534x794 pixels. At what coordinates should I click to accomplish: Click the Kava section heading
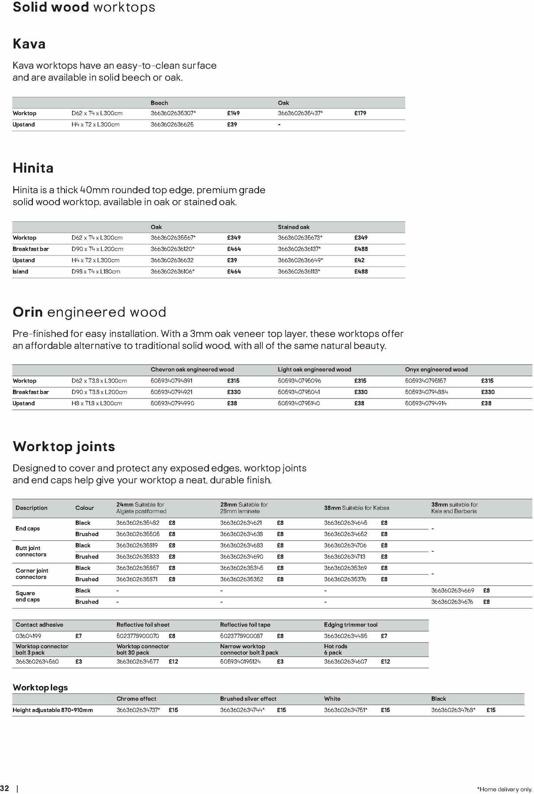point(29,44)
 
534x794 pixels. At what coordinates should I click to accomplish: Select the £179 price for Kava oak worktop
point(360,113)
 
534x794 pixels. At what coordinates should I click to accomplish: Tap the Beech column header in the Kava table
point(159,103)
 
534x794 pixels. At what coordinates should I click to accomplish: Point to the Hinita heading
point(33,168)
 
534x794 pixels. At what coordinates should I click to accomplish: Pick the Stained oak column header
point(294,227)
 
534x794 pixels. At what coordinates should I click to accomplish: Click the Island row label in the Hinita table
point(20,271)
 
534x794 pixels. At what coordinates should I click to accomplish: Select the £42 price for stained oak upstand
point(359,260)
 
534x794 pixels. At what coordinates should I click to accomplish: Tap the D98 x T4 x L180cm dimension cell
point(96,271)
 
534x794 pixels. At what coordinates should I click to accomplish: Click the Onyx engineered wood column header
point(436,369)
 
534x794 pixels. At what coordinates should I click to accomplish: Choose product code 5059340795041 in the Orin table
point(299,392)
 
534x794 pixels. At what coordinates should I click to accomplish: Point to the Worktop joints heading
point(64,446)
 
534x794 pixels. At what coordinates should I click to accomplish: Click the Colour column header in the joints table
point(85,508)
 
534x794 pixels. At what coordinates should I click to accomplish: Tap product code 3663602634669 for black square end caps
point(453,590)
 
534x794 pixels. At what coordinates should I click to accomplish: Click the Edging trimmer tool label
point(351,625)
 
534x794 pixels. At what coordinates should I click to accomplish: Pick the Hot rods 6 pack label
point(336,649)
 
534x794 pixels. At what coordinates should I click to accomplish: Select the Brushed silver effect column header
point(248,698)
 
